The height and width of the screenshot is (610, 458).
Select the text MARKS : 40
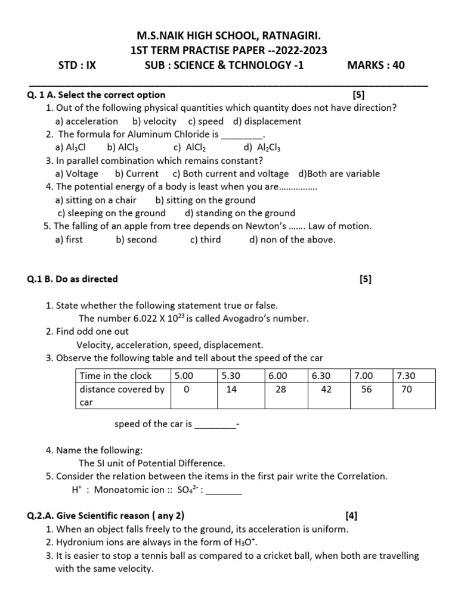pyautogui.click(x=376, y=66)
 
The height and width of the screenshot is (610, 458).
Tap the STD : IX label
pyautogui.click(x=77, y=66)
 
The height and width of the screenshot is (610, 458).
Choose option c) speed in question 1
pyautogui.click(x=206, y=122)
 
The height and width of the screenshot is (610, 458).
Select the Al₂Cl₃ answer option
pyautogui.click(x=262, y=148)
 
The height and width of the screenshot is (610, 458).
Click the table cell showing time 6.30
pyautogui.click(x=320, y=376)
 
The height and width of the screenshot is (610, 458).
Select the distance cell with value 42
pyautogui.click(x=327, y=389)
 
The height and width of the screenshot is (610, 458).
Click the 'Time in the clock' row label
pyautogui.click(x=116, y=376)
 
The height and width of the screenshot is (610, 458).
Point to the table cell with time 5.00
pyautogui.click(x=184, y=376)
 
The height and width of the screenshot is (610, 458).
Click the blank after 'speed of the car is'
pyautogui.click(x=215, y=425)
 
